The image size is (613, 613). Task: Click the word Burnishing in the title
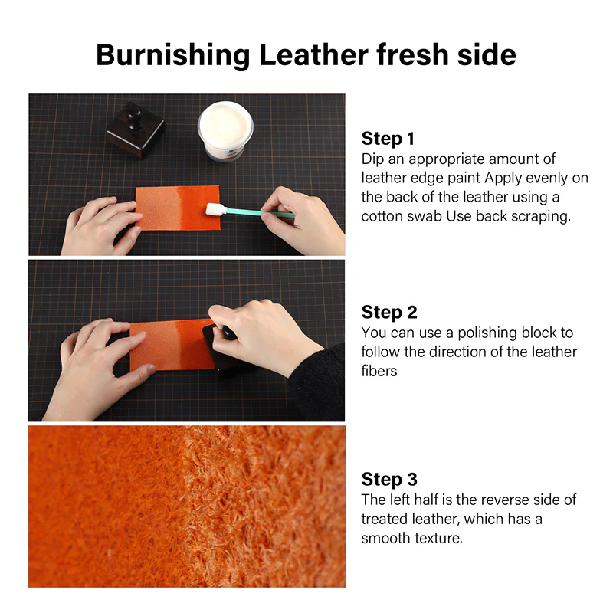pyautogui.click(x=173, y=56)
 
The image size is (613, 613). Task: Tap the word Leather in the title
pyautogui.click(x=313, y=54)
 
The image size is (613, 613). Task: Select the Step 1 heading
pyautogui.click(x=388, y=139)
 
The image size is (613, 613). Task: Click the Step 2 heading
pyautogui.click(x=389, y=313)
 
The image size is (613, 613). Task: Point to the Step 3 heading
pyautogui.click(x=389, y=480)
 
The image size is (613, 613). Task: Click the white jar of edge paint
pyautogui.click(x=225, y=131)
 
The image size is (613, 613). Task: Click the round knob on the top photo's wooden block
pyautogui.click(x=136, y=116)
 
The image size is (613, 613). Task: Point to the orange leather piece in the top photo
pyautogui.click(x=178, y=208)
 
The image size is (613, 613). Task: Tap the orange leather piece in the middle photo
pyautogui.click(x=172, y=345)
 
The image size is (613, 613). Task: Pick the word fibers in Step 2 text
pyautogui.click(x=379, y=371)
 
